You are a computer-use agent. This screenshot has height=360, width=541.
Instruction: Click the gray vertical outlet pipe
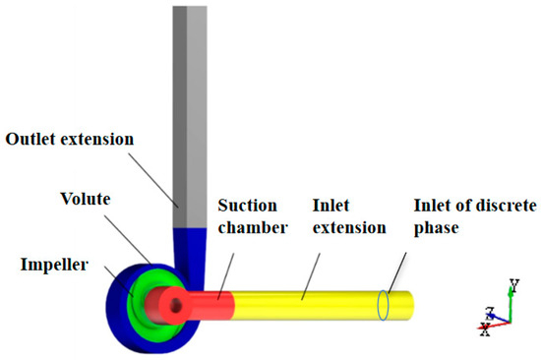coord(190,98)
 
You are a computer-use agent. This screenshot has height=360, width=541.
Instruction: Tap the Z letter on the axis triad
coord(488,311)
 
